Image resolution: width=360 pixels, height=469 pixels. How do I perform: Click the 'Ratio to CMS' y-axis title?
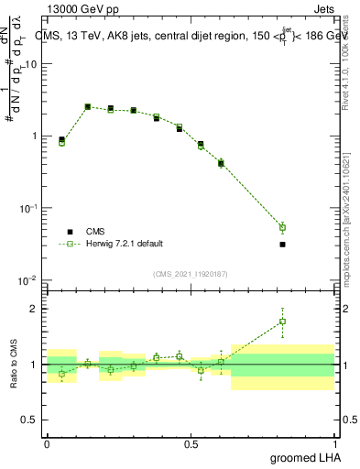[14, 364]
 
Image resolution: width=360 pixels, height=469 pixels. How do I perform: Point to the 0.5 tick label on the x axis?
[191, 443]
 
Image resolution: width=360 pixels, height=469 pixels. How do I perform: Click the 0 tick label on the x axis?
[47, 443]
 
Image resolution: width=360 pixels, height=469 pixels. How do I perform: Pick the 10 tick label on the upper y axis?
[32, 64]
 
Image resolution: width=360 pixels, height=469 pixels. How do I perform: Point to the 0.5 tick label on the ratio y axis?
[32, 420]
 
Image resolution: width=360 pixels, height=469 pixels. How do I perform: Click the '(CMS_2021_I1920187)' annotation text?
[190, 274]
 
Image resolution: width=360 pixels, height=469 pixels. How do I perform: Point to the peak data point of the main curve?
[88, 106]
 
